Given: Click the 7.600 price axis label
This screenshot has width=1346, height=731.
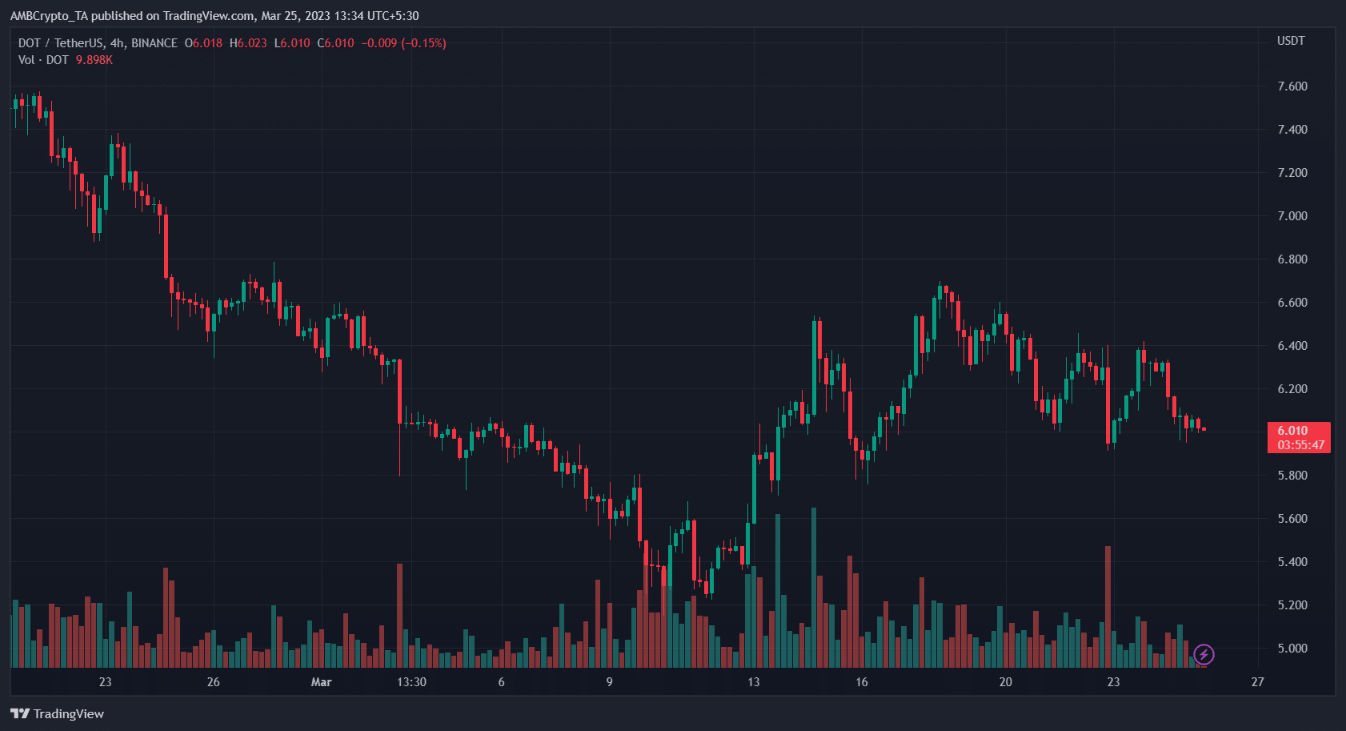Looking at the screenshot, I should coord(1292,86).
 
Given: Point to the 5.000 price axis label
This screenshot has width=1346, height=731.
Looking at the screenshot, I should coord(1292,649).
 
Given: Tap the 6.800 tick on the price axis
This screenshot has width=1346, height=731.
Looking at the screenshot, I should coord(1292,259).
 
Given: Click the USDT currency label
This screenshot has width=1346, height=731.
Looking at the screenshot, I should coord(1291,41).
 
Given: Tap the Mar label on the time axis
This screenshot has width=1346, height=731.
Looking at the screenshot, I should coord(321,682).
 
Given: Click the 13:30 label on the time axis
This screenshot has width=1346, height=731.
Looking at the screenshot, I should coord(411,682).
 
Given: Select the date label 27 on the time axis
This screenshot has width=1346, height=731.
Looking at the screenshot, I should coord(1258,682).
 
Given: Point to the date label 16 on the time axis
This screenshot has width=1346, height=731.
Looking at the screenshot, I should coord(861,682).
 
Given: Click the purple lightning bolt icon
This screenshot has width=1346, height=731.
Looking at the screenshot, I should coord(1204,655).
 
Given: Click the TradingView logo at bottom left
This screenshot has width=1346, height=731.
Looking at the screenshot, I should coord(58,713).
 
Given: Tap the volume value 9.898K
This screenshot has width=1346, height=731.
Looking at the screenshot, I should coord(94,60).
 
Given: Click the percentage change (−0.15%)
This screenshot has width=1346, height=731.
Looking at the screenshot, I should coord(423,43).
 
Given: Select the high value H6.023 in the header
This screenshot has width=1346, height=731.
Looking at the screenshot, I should coord(248,43).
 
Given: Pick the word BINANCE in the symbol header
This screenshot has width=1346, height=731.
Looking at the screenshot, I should coord(154,43).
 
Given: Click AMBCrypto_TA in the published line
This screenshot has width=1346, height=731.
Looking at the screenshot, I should coord(48,16).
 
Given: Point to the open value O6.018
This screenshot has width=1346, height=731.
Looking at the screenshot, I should coord(203,43).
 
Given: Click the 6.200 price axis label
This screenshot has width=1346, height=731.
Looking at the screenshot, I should coord(1292,389).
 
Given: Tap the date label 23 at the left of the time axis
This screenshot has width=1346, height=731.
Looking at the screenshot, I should coord(105,682).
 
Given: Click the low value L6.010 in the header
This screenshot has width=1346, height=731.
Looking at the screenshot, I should coord(292,43).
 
